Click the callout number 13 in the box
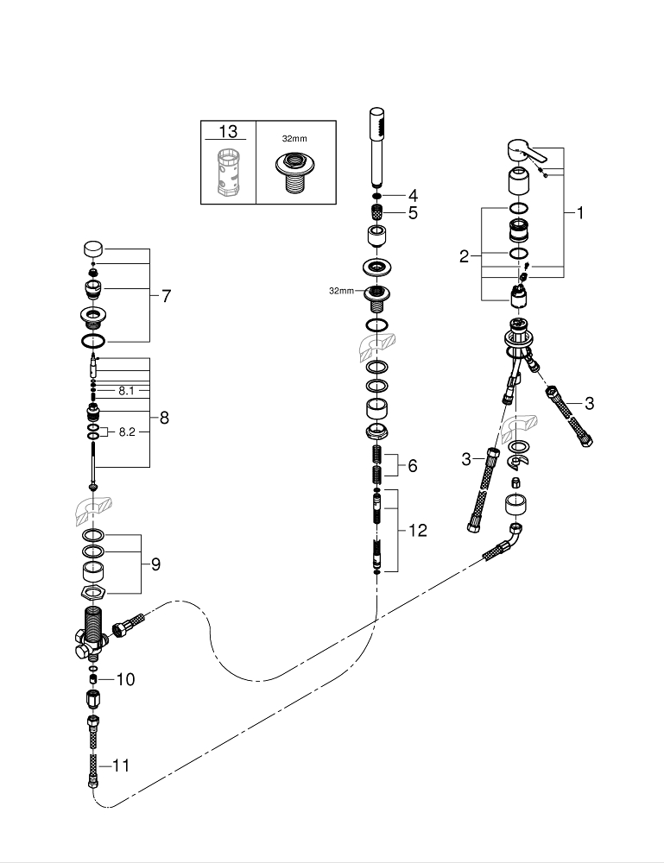click(227, 132)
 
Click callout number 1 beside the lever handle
click(580, 212)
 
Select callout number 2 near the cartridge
click(464, 256)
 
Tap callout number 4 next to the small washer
click(413, 194)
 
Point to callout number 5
click(413, 212)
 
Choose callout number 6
click(412, 465)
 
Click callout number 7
click(166, 296)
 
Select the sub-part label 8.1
click(127, 390)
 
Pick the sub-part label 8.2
click(127, 431)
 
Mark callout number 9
click(155, 564)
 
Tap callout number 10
click(125, 679)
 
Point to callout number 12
click(417, 531)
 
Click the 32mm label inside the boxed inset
click(294, 137)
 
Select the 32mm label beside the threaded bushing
click(341, 291)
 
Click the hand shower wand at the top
click(376, 146)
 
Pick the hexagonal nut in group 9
click(92, 593)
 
